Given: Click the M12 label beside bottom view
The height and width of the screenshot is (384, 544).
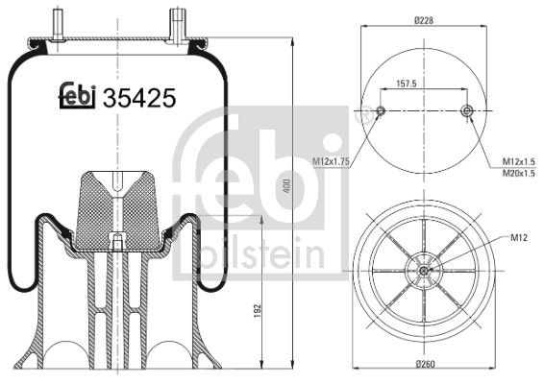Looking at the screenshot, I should [520, 236].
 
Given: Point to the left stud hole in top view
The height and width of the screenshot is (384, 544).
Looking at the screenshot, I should [381, 112].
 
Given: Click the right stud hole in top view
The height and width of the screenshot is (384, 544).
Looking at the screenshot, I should [467, 112].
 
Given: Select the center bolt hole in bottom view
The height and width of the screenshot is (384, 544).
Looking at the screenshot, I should [424, 271].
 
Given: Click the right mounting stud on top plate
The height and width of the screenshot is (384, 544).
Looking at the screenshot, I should [178, 21].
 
